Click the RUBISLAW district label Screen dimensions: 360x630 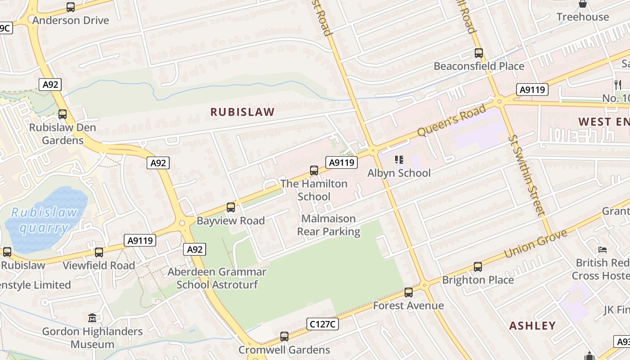click(243, 112)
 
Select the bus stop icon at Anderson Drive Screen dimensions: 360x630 click(71, 7)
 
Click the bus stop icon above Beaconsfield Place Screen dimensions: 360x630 click(479, 53)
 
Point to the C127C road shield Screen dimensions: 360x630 click(323, 324)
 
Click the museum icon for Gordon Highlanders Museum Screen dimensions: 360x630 click(92, 318)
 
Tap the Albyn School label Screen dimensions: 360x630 click(399, 173)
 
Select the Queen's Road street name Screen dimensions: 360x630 click(451, 120)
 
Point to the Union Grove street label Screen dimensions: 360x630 click(535, 243)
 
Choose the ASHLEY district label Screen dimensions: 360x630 click(532, 325)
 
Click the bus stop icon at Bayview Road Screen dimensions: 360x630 click(231, 207)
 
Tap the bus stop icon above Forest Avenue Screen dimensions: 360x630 click(408, 292)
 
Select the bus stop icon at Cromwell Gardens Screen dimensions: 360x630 click(284, 336)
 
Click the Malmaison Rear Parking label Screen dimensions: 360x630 click(328, 225)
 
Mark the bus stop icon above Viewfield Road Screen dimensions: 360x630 click(99, 252)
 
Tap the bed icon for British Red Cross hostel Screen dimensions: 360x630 click(603, 250)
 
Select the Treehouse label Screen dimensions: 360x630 click(582, 17)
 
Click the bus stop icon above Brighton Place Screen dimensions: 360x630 click(477, 267)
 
